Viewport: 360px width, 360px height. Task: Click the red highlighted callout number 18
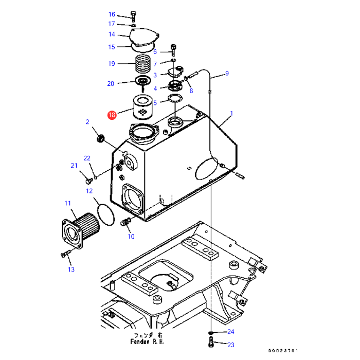112,115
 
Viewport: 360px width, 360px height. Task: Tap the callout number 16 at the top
112,14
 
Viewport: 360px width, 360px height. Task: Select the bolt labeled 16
133,16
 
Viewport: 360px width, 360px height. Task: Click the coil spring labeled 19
143,63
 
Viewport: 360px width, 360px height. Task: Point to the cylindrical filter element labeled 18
143,107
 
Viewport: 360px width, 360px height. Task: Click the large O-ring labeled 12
106,214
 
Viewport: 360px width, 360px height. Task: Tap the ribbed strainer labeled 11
81,231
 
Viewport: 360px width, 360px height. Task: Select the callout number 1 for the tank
231,114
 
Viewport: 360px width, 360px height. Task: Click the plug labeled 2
100,138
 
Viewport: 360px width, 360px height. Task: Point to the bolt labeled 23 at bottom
211,341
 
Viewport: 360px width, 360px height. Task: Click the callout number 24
231,332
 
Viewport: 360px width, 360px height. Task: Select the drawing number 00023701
283,351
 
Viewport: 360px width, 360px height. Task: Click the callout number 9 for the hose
227,73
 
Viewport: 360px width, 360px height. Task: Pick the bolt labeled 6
173,50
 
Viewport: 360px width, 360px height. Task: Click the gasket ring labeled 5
175,98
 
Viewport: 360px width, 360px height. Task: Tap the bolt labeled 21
89,181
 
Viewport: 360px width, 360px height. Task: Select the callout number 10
131,237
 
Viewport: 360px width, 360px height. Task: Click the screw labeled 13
66,254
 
